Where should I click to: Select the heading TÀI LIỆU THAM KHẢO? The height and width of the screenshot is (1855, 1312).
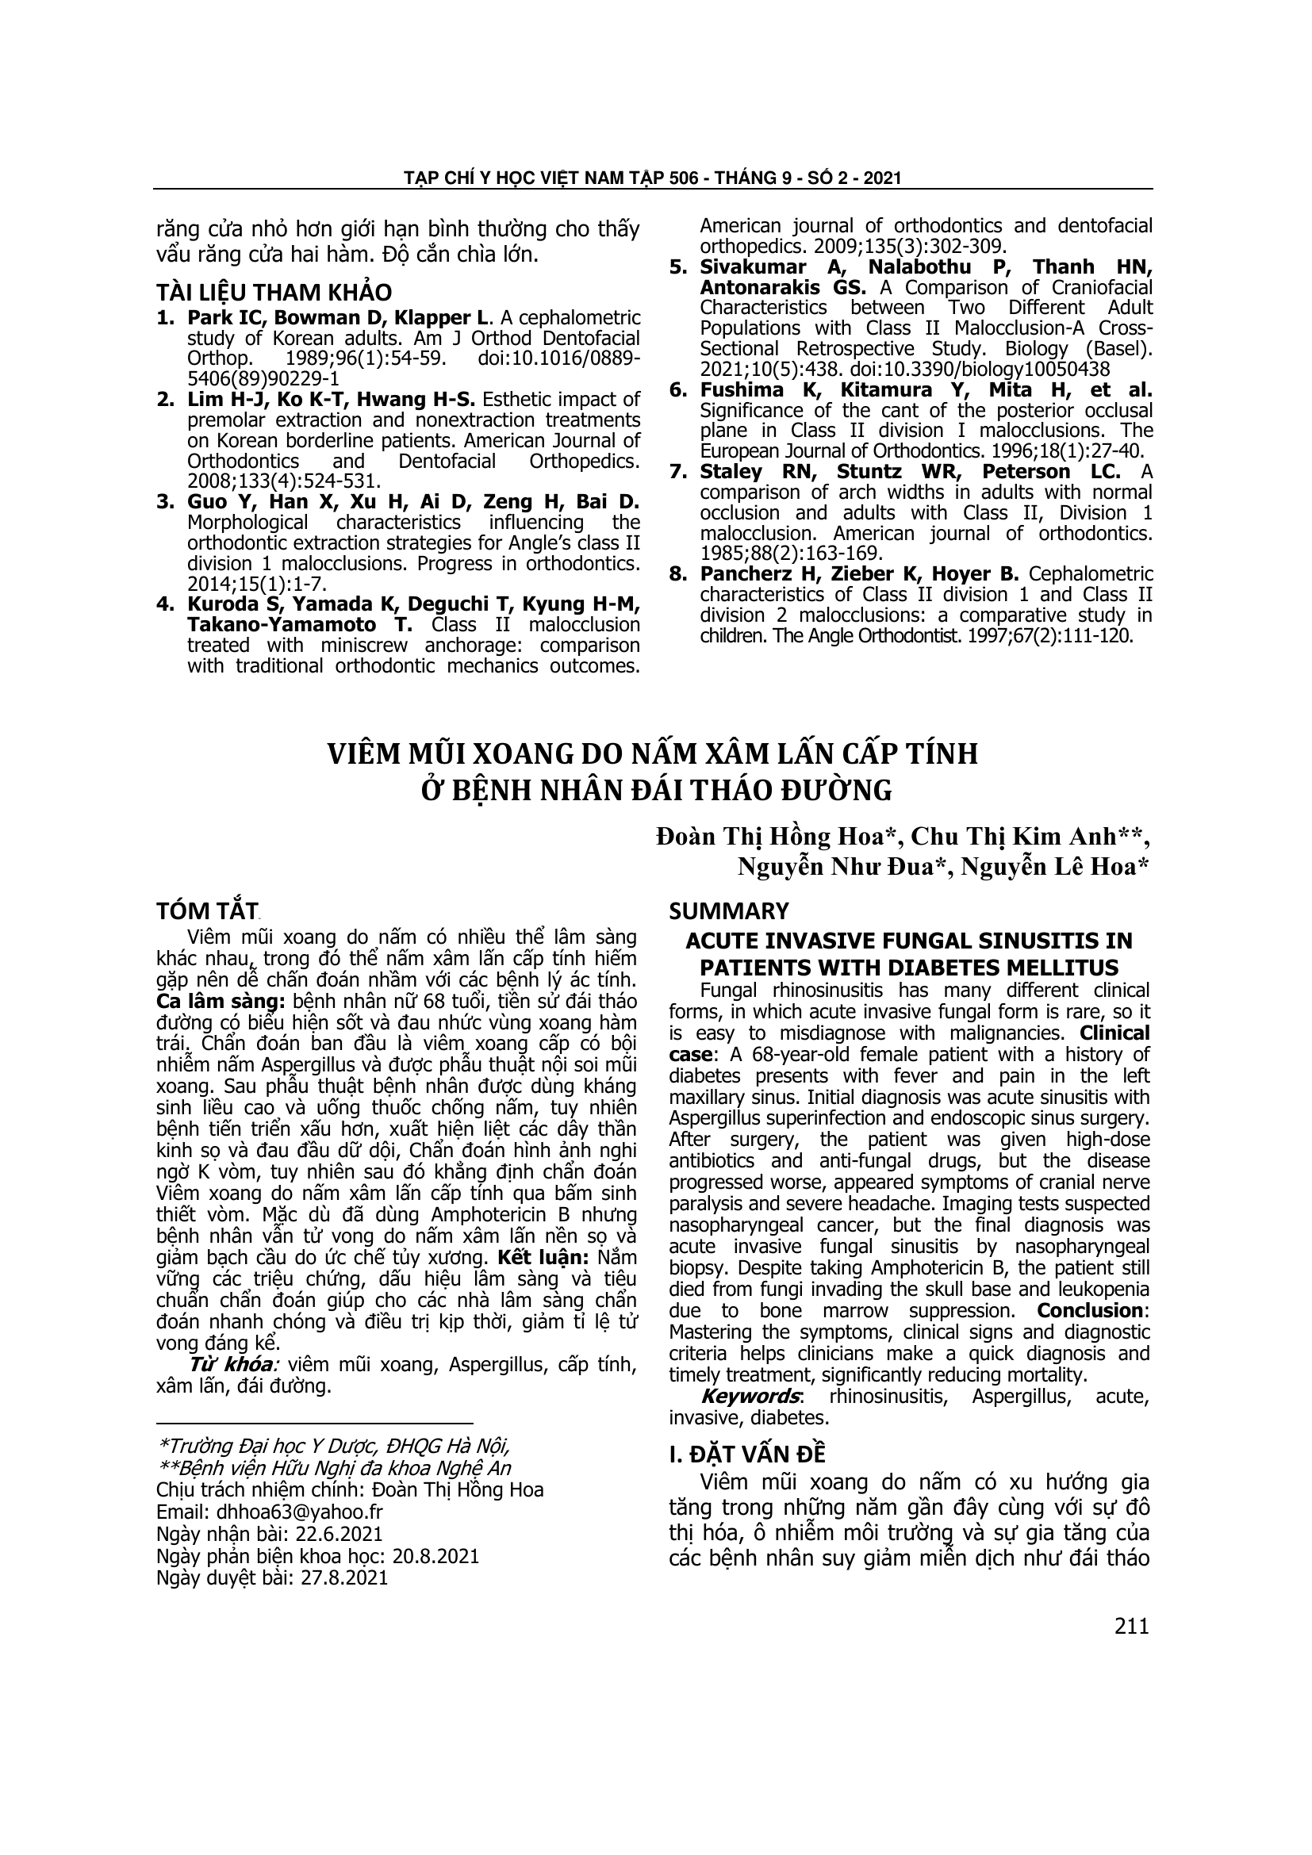(x=274, y=292)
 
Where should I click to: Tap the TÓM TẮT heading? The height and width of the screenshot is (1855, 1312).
(x=206, y=911)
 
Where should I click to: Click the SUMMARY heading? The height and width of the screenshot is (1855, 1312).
(x=729, y=911)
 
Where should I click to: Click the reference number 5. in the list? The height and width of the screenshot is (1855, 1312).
(x=679, y=267)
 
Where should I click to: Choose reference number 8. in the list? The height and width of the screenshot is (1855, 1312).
(x=679, y=574)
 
